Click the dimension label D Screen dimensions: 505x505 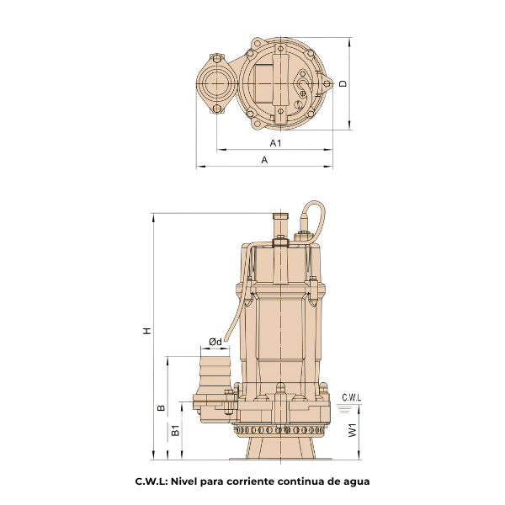[343, 83]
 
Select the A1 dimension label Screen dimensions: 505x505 [276, 143]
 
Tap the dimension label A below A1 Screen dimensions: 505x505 [264, 160]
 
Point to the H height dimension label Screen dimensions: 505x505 [147, 331]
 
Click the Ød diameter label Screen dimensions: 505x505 [215, 342]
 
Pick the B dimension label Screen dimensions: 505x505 [161, 407]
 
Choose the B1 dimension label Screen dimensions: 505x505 [175, 430]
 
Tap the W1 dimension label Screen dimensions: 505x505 [353, 430]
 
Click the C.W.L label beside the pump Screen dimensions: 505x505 [351, 397]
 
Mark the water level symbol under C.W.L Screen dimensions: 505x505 [344, 408]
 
